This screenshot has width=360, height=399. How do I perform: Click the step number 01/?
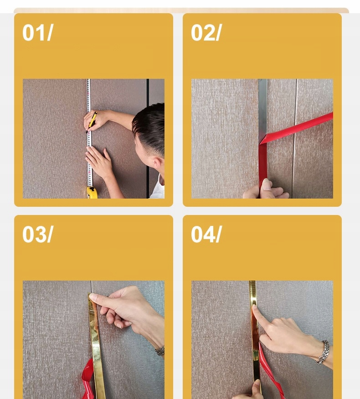pyautogui.click(x=37, y=33)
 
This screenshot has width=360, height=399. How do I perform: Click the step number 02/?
pyautogui.click(x=206, y=33)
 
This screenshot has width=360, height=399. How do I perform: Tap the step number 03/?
pyautogui.click(x=37, y=235)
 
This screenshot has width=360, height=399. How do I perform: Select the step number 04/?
pyautogui.click(x=206, y=235)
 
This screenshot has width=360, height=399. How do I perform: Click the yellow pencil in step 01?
pyautogui.click(x=92, y=122)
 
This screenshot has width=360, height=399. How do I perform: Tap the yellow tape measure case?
pyautogui.click(x=92, y=193)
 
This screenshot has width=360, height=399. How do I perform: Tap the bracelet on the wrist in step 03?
pyautogui.click(x=160, y=351)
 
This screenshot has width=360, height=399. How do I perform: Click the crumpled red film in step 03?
pyautogui.click(x=88, y=379)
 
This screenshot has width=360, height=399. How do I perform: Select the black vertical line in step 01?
pyautogui.click(x=148, y=138)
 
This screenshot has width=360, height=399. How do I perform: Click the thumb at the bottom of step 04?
pyautogui.click(x=256, y=389)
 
